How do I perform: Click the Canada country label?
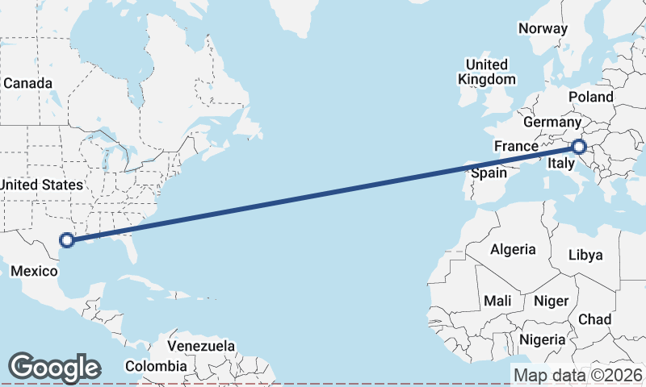pos(27,84)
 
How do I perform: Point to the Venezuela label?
pos(201,346)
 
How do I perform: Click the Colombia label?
pos(160,366)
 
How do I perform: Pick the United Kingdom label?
pos(486,72)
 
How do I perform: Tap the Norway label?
pos(543,28)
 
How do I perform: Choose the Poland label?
pos(590,97)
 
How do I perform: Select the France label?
pos(516,146)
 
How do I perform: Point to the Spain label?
pos(489,172)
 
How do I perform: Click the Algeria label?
pos(513,249)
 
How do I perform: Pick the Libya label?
pos(585,255)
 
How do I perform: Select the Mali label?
pos(497,301)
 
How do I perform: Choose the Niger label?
pos(551,301)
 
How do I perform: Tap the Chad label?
pos(594,319)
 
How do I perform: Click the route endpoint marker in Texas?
pos(67,239)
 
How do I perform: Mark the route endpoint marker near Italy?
pos(579,147)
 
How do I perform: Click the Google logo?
pos(54,368)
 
